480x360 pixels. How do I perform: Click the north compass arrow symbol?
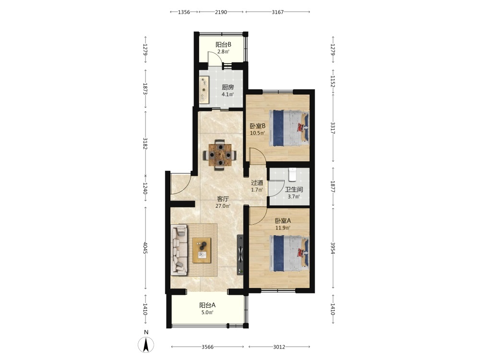tap(146, 345)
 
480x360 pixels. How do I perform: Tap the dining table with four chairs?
tap(220, 155)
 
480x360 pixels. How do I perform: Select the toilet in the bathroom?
tap(292, 174)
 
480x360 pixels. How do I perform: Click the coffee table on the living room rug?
tap(202, 250)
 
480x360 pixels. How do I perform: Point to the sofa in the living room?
tap(179, 250)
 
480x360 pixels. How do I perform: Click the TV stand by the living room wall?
tap(240, 255)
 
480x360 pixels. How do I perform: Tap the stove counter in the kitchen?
tap(204, 90)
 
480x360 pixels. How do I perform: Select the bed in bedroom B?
tap(288, 128)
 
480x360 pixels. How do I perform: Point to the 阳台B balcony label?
tap(224, 45)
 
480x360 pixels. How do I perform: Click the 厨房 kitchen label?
tap(228, 87)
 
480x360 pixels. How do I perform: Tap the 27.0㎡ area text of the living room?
tap(223, 206)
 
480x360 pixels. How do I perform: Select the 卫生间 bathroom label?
tap(294, 190)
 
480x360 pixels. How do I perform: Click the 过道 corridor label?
tap(257, 183)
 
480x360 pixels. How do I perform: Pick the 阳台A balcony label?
tap(207, 305)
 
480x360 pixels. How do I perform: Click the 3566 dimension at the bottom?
tap(207, 347)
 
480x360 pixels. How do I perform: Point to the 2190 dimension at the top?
tap(221, 12)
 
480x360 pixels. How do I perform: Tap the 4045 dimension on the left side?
tap(145, 248)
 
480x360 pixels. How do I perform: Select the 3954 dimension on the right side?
tap(333, 248)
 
